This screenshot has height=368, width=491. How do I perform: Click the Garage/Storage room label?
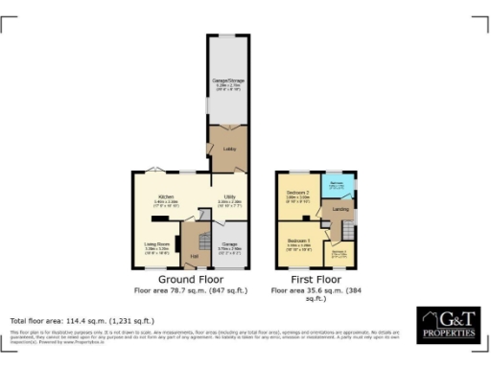[x=228, y=81]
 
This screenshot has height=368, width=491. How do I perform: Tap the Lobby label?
[x=229, y=149]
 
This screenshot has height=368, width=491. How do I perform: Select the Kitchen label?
[x=166, y=196]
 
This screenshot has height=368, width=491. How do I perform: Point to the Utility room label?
[x=229, y=196]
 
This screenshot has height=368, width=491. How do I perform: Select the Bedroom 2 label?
[x=296, y=195]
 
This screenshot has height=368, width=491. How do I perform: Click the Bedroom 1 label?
[x=299, y=242]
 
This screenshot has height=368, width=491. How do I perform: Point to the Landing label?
[x=339, y=208]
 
